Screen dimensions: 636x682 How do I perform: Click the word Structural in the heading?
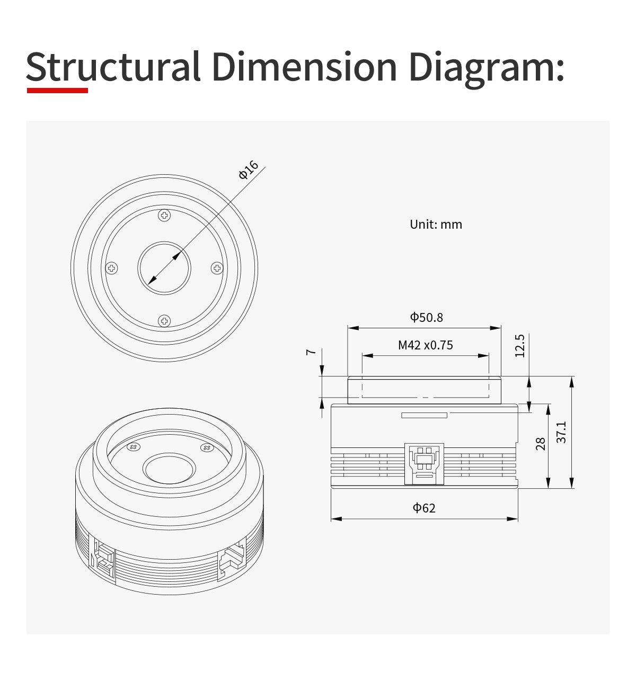113,66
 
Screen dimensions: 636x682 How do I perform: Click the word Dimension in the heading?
305,66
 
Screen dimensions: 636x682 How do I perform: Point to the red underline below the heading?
57,91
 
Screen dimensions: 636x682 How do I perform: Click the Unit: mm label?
436,225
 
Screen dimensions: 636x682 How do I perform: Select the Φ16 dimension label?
248,169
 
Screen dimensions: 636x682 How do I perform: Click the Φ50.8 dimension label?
426,317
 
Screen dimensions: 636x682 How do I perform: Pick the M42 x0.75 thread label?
425,345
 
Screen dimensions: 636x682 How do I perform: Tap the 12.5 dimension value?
520,345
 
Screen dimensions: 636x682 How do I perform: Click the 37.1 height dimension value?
561,432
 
